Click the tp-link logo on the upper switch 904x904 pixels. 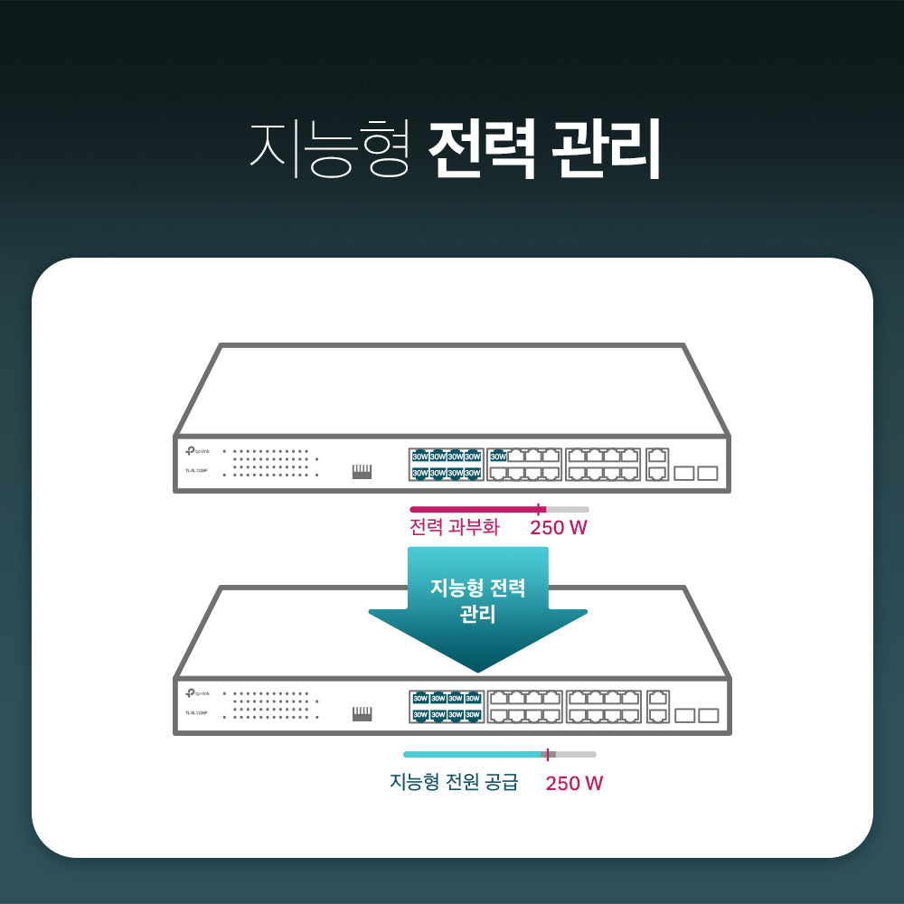point(197,451)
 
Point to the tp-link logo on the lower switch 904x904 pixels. point(197,693)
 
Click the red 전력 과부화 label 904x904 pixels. point(454,527)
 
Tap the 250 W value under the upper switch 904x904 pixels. point(559,527)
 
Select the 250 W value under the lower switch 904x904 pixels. point(574,783)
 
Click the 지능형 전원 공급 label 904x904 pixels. point(454,782)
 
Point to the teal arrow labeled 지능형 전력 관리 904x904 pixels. point(477,615)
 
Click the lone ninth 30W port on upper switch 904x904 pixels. point(498,457)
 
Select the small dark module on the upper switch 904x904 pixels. point(362,471)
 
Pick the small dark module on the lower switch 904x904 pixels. point(362,714)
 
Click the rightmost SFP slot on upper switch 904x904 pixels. point(707,473)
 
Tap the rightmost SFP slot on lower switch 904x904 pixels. point(708,715)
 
